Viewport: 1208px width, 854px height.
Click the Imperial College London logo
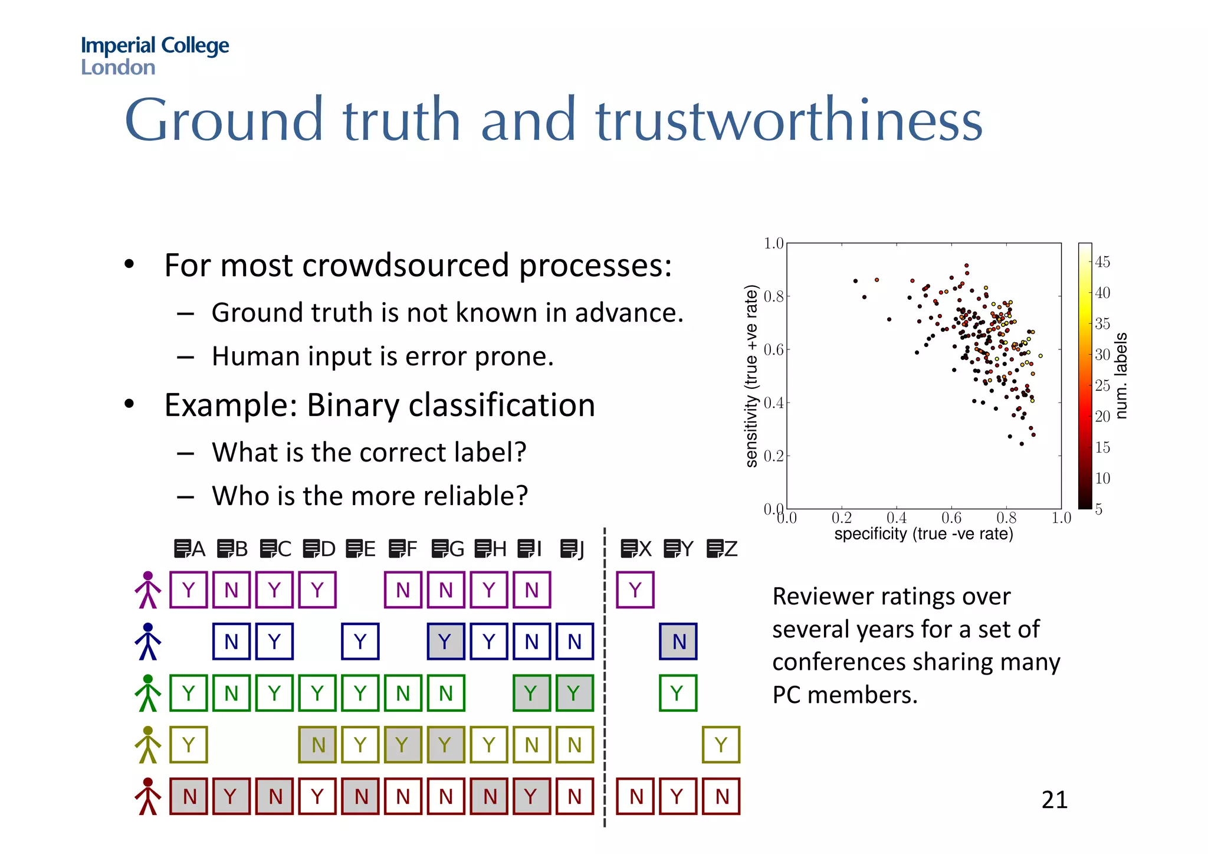(155, 55)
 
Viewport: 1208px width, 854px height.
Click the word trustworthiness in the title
(789, 120)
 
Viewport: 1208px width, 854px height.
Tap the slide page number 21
(1054, 800)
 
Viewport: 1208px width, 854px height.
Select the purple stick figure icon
(147, 590)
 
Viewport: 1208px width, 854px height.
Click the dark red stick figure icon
(147, 796)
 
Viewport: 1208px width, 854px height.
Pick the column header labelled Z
(723, 549)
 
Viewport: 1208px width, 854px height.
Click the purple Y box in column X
(635, 590)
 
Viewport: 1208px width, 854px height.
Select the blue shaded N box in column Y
(678, 642)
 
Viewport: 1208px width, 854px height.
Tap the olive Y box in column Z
(721, 745)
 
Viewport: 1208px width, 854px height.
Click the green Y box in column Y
(678, 693)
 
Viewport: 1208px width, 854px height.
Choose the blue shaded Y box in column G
(446, 642)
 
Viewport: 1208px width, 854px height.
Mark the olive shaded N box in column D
(317, 745)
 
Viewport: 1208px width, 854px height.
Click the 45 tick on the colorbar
(1102, 262)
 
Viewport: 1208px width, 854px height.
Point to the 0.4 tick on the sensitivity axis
(773, 403)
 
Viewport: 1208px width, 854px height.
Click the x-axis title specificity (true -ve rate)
(923, 534)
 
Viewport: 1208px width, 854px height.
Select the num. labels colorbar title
(1121, 376)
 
